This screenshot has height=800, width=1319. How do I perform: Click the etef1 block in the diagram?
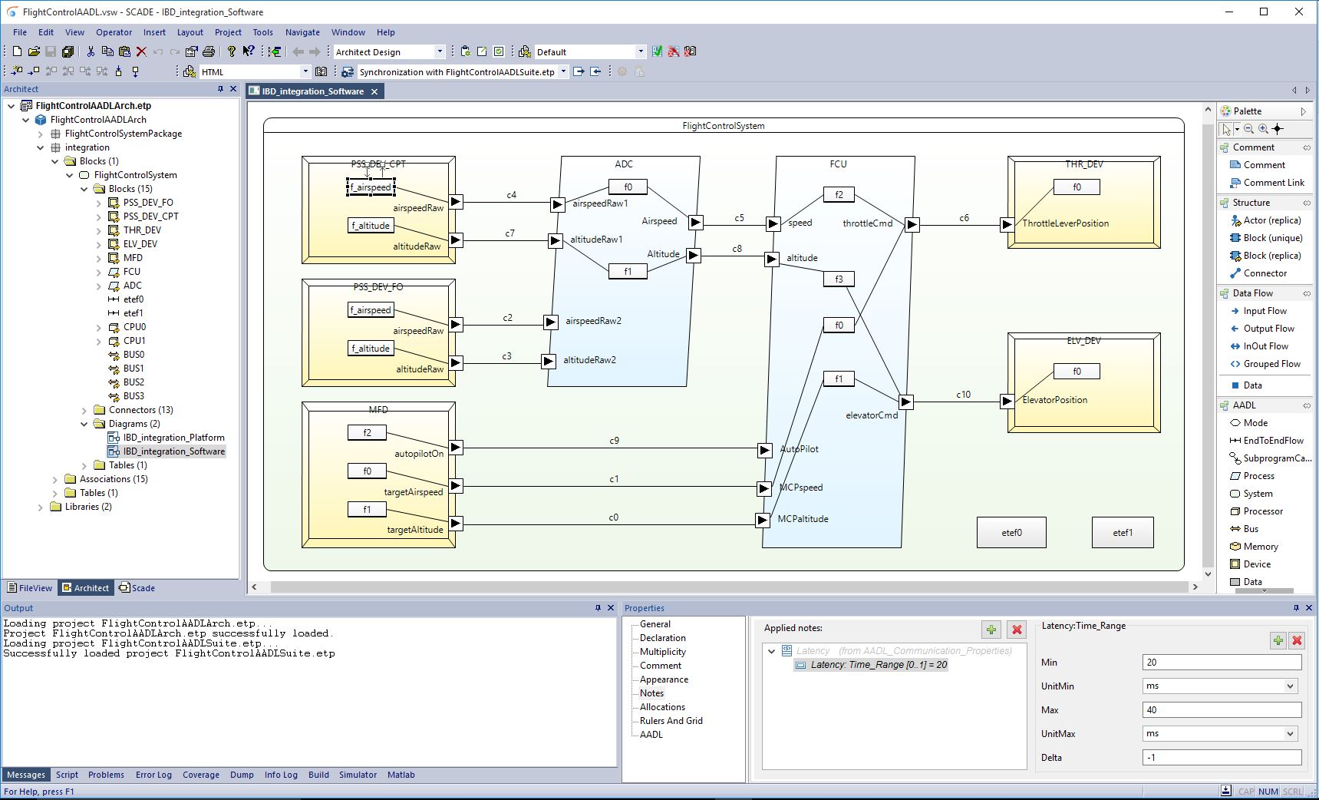(1123, 532)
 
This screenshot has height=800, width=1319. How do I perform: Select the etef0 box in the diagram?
(1011, 532)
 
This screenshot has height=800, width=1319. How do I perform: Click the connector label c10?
(963, 395)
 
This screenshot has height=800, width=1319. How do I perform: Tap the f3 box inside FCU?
(839, 279)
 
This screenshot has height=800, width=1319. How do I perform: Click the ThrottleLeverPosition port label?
(1065, 223)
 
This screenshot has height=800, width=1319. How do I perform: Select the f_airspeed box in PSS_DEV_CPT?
(371, 187)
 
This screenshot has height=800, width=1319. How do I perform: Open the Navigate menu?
(302, 32)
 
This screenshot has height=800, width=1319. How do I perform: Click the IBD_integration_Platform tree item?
(173, 438)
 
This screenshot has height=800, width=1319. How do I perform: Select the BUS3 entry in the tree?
(134, 396)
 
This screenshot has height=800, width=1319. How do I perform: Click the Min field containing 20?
(1222, 663)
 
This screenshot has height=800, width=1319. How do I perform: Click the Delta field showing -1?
(1222, 758)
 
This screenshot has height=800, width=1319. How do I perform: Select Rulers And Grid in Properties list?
(671, 721)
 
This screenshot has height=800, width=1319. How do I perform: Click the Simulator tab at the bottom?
(358, 775)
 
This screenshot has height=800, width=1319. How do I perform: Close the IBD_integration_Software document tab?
(374, 91)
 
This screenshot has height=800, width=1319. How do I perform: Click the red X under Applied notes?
(1017, 630)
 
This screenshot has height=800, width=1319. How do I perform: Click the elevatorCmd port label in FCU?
(872, 415)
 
